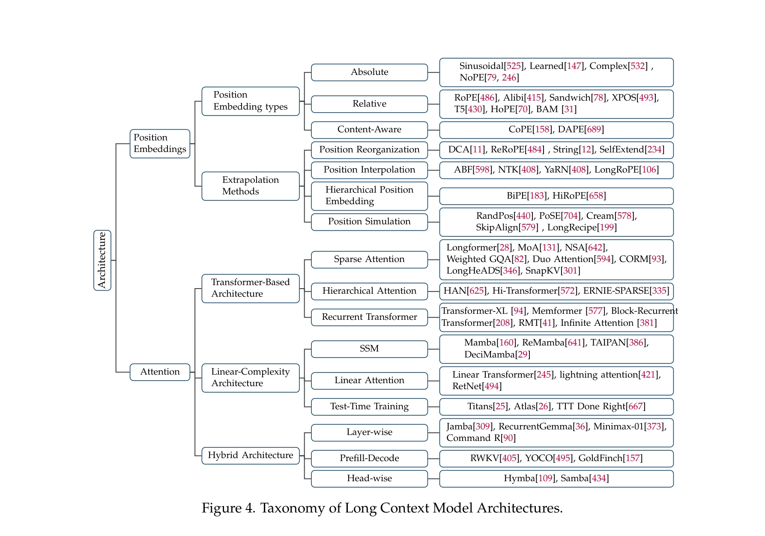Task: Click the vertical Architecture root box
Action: point(102,260)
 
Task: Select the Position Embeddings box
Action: point(160,143)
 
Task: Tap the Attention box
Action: point(160,372)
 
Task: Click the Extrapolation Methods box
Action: point(250,186)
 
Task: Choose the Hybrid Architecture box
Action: point(250,455)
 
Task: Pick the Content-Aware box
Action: point(369,129)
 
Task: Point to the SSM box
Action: point(369,348)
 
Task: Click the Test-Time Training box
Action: point(369,406)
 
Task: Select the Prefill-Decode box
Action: point(369,458)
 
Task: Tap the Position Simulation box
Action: point(369,221)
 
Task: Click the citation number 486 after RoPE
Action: point(487,98)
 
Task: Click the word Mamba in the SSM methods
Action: point(480,342)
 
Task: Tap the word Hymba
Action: point(520,478)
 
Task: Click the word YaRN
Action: point(556,170)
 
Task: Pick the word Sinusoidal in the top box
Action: point(481,66)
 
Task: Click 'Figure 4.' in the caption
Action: point(228,508)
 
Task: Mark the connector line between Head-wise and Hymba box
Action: point(433,479)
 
